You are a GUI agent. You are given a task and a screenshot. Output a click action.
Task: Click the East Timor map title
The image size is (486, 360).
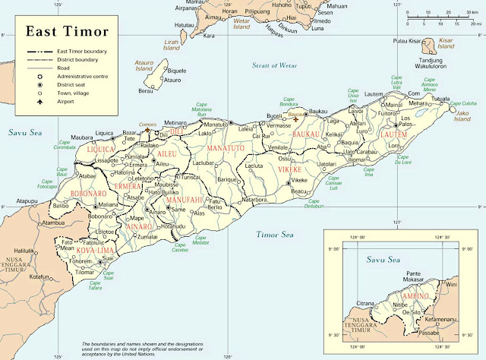67,33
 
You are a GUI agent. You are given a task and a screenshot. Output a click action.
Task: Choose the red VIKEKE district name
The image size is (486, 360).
292,171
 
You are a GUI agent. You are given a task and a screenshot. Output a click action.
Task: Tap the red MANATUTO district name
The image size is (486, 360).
226,146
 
